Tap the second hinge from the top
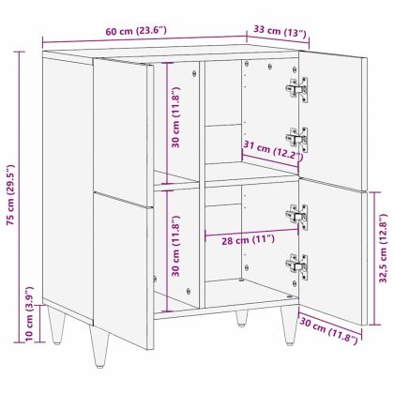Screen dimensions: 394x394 pyautogui.click(x=297, y=138)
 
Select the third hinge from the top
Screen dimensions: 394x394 pyautogui.click(x=297, y=215)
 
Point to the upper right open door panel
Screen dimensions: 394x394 pyautogui.click(x=333, y=122)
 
